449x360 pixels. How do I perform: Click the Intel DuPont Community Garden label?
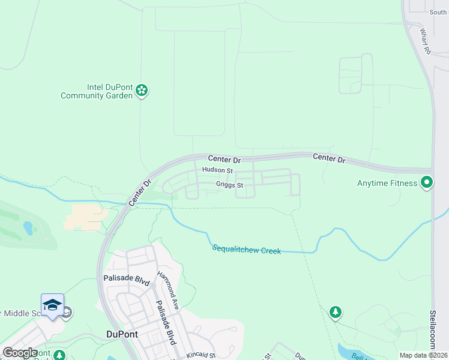point(96,91)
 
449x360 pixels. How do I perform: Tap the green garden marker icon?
point(142,91)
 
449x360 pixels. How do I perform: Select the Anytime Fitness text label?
point(387,182)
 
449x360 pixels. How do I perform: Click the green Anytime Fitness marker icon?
point(427,182)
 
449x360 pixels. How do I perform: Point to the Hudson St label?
point(217,170)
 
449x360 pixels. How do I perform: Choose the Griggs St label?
point(229,185)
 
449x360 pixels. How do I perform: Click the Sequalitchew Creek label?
point(246,249)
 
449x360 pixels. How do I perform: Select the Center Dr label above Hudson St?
point(224,158)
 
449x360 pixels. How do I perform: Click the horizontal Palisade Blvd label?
point(125,278)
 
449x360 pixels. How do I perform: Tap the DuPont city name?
point(122,334)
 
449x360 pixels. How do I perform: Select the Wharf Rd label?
point(426,42)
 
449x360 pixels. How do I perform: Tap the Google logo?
point(20,353)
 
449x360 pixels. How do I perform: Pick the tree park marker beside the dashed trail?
point(336,312)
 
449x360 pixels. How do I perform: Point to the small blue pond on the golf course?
point(28,228)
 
